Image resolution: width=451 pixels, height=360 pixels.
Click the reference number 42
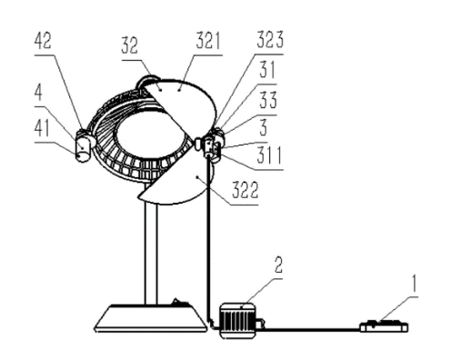click(x=43, y=41)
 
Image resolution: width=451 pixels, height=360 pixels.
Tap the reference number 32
click(x=130, y=45)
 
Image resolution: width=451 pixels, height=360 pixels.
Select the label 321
click(x=208, y=41)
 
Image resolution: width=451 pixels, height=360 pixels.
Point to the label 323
click(x=270, y=39)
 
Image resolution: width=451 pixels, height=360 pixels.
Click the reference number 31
click(x=266, y=70)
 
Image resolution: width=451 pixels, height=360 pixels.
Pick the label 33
click(x=268, y=100)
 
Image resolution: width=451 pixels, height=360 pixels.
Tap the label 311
click(x=269, y=155)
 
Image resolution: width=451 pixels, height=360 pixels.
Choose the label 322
click(x=246, y=190)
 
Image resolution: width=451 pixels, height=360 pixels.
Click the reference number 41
click(x=42, y=128)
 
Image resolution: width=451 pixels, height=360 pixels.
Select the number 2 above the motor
click(x=278, y=265)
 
